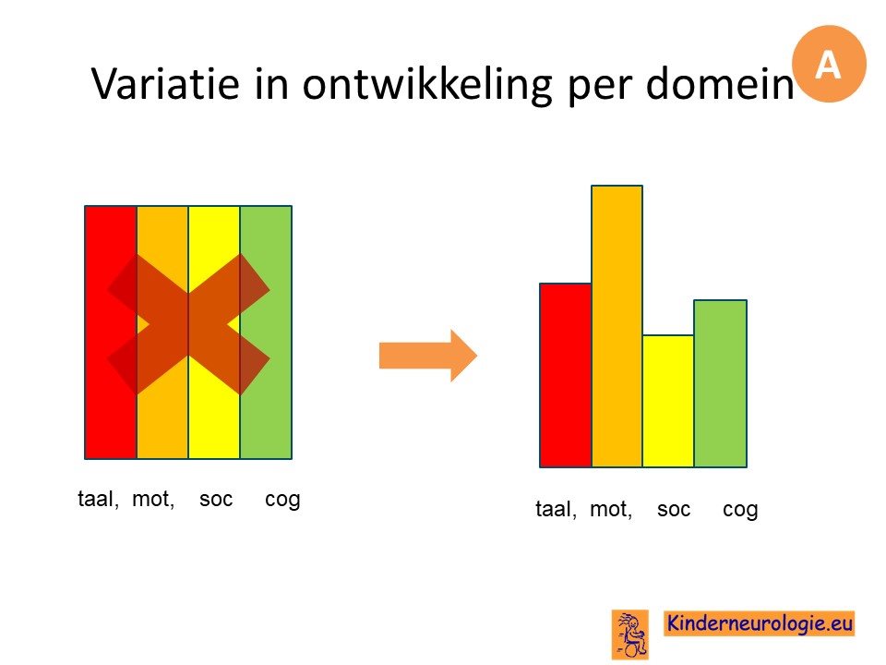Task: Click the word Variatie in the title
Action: coord(165,83)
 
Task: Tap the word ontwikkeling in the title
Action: coord(427,86)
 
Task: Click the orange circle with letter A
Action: coord(829,64)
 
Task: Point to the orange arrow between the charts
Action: coord(427,356)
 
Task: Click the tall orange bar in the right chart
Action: coord(617,326)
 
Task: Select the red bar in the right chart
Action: coord(566,375)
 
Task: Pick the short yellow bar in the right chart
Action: coord(668,401)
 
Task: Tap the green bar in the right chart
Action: coord(721,383)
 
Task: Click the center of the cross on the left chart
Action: coord(188,324)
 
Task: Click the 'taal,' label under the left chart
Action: coord(99,499)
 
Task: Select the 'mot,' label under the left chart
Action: coord(153,499)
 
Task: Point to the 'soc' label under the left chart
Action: coord(216,500)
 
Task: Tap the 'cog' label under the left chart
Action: coord(282,501)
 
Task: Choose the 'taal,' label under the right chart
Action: coord(556,509)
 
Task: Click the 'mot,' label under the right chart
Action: coord(611,509)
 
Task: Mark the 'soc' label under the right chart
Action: coord(674,510)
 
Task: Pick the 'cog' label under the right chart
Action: coord(740,511)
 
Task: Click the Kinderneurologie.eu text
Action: coord(760,623)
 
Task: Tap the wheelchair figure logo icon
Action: coord(630,635)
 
